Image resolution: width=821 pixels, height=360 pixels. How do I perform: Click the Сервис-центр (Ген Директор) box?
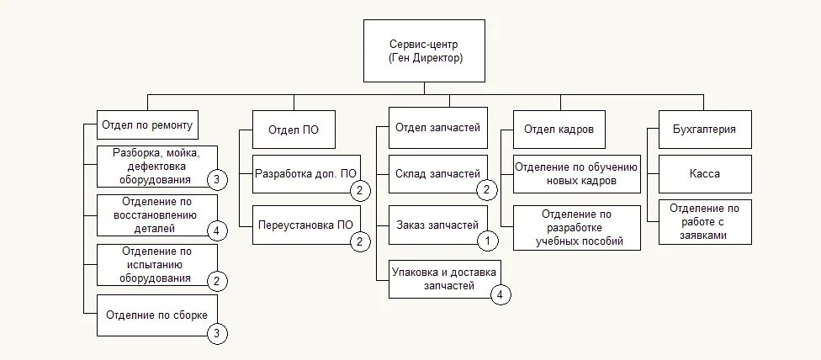[425, 51]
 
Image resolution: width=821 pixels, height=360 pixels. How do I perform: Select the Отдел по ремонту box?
[147, 126]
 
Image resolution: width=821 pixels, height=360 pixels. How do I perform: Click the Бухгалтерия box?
[704, 130]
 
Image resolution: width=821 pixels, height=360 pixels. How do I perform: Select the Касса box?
[704, 175]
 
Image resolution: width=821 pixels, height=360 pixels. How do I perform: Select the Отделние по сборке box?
[157, 315]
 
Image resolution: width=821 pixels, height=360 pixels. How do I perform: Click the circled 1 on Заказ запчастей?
[488, 241]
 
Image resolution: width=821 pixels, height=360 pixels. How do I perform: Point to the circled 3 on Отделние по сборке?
[217, 334]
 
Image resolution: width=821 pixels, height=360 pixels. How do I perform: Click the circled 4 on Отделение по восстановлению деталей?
[217, 230]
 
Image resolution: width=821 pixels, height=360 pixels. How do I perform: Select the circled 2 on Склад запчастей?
[488, 190]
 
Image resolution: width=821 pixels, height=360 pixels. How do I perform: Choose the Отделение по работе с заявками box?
[704, 222]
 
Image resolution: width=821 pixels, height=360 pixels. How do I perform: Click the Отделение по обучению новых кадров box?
[576, 174]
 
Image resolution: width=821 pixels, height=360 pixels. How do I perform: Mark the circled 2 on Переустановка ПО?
[359, 241]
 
